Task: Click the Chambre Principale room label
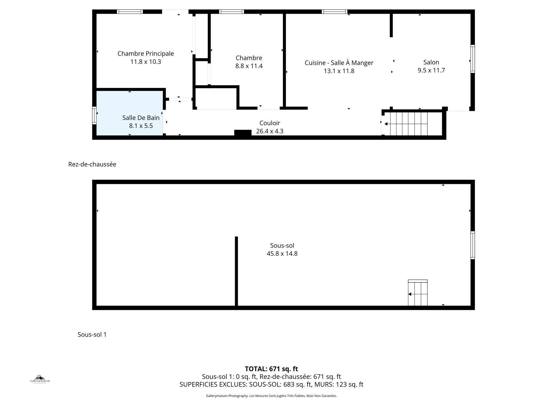coord(145,54)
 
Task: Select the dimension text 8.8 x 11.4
coord(249,66)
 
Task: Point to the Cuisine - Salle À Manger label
coord(339,63)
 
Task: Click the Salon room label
coord(431,62)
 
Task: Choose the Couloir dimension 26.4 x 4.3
coord(269,131)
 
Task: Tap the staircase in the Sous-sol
coord(418,293)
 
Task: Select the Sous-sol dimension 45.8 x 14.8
coord(282,254)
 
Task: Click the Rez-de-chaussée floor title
coord(92,164)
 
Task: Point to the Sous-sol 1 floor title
coord(92,334)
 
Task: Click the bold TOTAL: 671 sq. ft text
coord(271,369)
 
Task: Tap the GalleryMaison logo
coord(40,379)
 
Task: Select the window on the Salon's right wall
coord(473,59)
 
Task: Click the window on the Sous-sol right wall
coord(473,245)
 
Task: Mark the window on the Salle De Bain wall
coord(94,115)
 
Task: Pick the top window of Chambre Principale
coord(130,12)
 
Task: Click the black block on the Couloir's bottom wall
coord(243,133)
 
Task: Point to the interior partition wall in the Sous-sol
coord(236,271)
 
